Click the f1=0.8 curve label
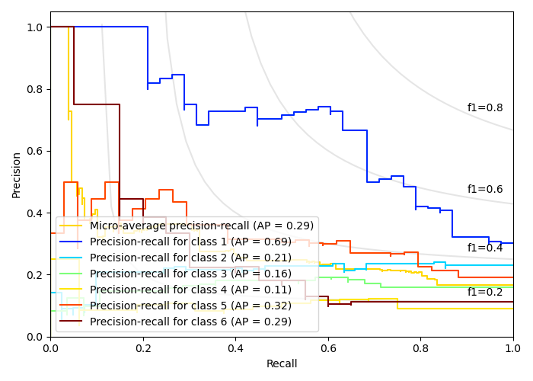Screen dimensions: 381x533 [x=484, y=108]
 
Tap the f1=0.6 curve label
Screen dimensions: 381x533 [x=484, y=190]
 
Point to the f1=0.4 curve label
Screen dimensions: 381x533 [x=484, y=248]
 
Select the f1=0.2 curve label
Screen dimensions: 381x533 [x=484, y=292]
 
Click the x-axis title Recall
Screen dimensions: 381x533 [x=282, y=364]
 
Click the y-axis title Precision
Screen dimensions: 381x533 [x=17, y=174]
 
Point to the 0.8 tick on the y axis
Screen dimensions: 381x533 [x=36, y=89]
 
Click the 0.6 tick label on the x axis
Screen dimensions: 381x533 [x=328, y=348]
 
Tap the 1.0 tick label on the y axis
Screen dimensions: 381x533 [x=36, y=27]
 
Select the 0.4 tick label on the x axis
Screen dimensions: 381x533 [x=235, y=348]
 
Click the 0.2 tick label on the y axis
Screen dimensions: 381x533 [x=36, y=275]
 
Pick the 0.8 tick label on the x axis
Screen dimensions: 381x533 [x=420, y=348]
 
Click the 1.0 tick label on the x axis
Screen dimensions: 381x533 [x=513, y=348]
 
